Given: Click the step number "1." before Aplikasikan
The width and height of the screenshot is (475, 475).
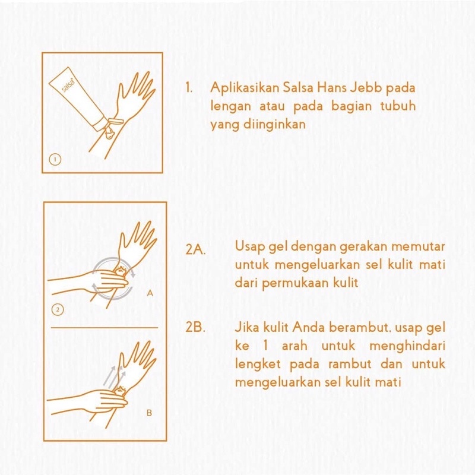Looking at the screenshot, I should [189, 87].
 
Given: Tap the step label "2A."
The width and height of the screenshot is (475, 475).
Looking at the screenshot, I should [195, 250].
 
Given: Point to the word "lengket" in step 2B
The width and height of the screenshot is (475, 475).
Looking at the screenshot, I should [254, 365].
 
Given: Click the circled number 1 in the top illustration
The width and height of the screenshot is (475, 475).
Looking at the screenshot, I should [54, 159].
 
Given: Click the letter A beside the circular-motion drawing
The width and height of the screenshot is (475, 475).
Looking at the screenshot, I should [150, 293].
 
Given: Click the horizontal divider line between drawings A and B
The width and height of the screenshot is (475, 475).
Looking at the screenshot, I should [104, 327].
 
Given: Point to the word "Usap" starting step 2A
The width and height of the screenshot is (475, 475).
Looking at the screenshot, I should [249, 246].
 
